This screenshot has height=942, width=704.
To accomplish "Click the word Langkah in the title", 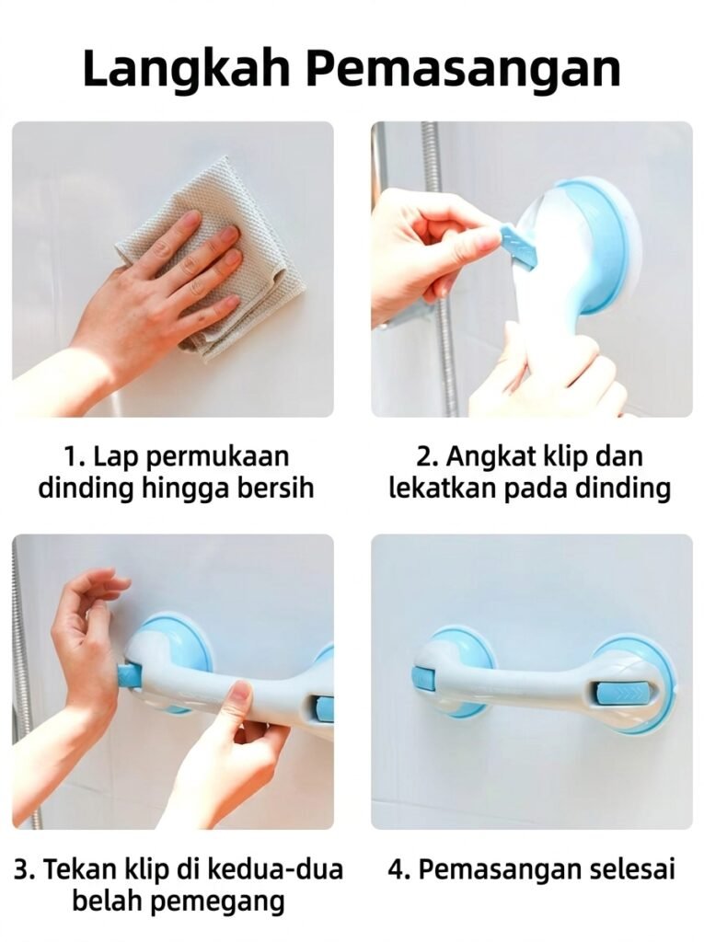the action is pyautogui.click(x=188, y=69).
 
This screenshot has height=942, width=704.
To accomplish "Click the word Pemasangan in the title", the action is pyautogui.click(x=464, y=69).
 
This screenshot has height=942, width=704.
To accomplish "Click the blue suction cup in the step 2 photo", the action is pyautogui.click(x=595, y=247).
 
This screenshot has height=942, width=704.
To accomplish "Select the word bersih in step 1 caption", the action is pyautogui.click(x=277, y=488).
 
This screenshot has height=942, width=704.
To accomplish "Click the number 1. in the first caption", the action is pyautogui.click(x=75, y=456).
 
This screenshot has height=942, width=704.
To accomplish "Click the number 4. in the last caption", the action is pyautogui.click(x=398, y=869).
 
